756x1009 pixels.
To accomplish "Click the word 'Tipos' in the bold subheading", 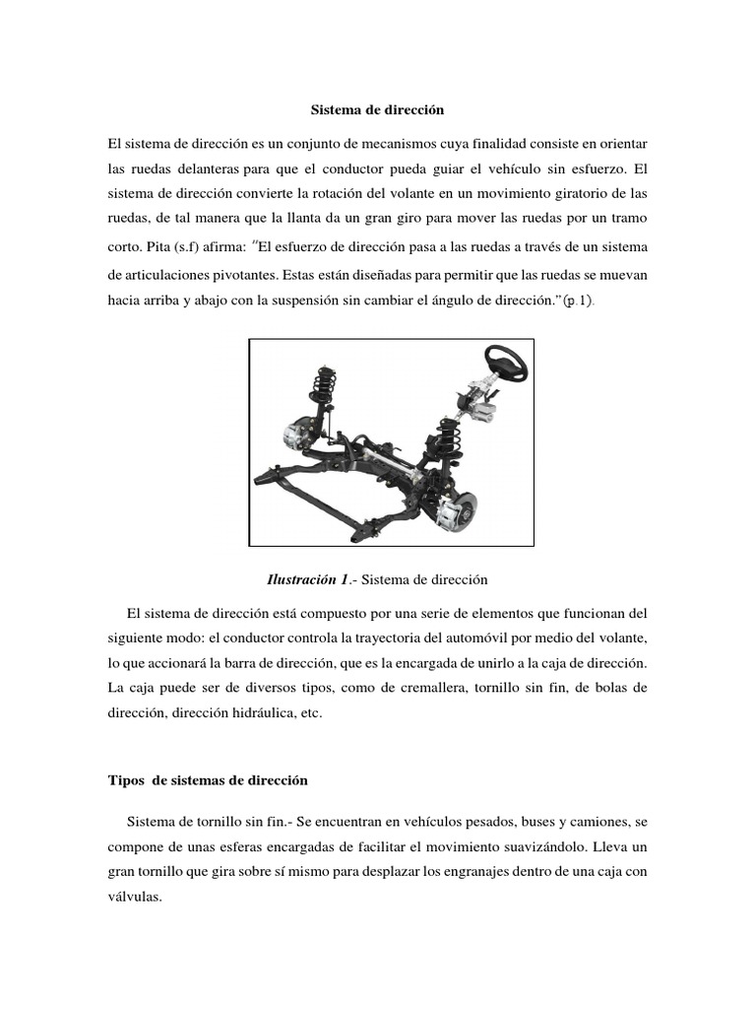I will point(125,779).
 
